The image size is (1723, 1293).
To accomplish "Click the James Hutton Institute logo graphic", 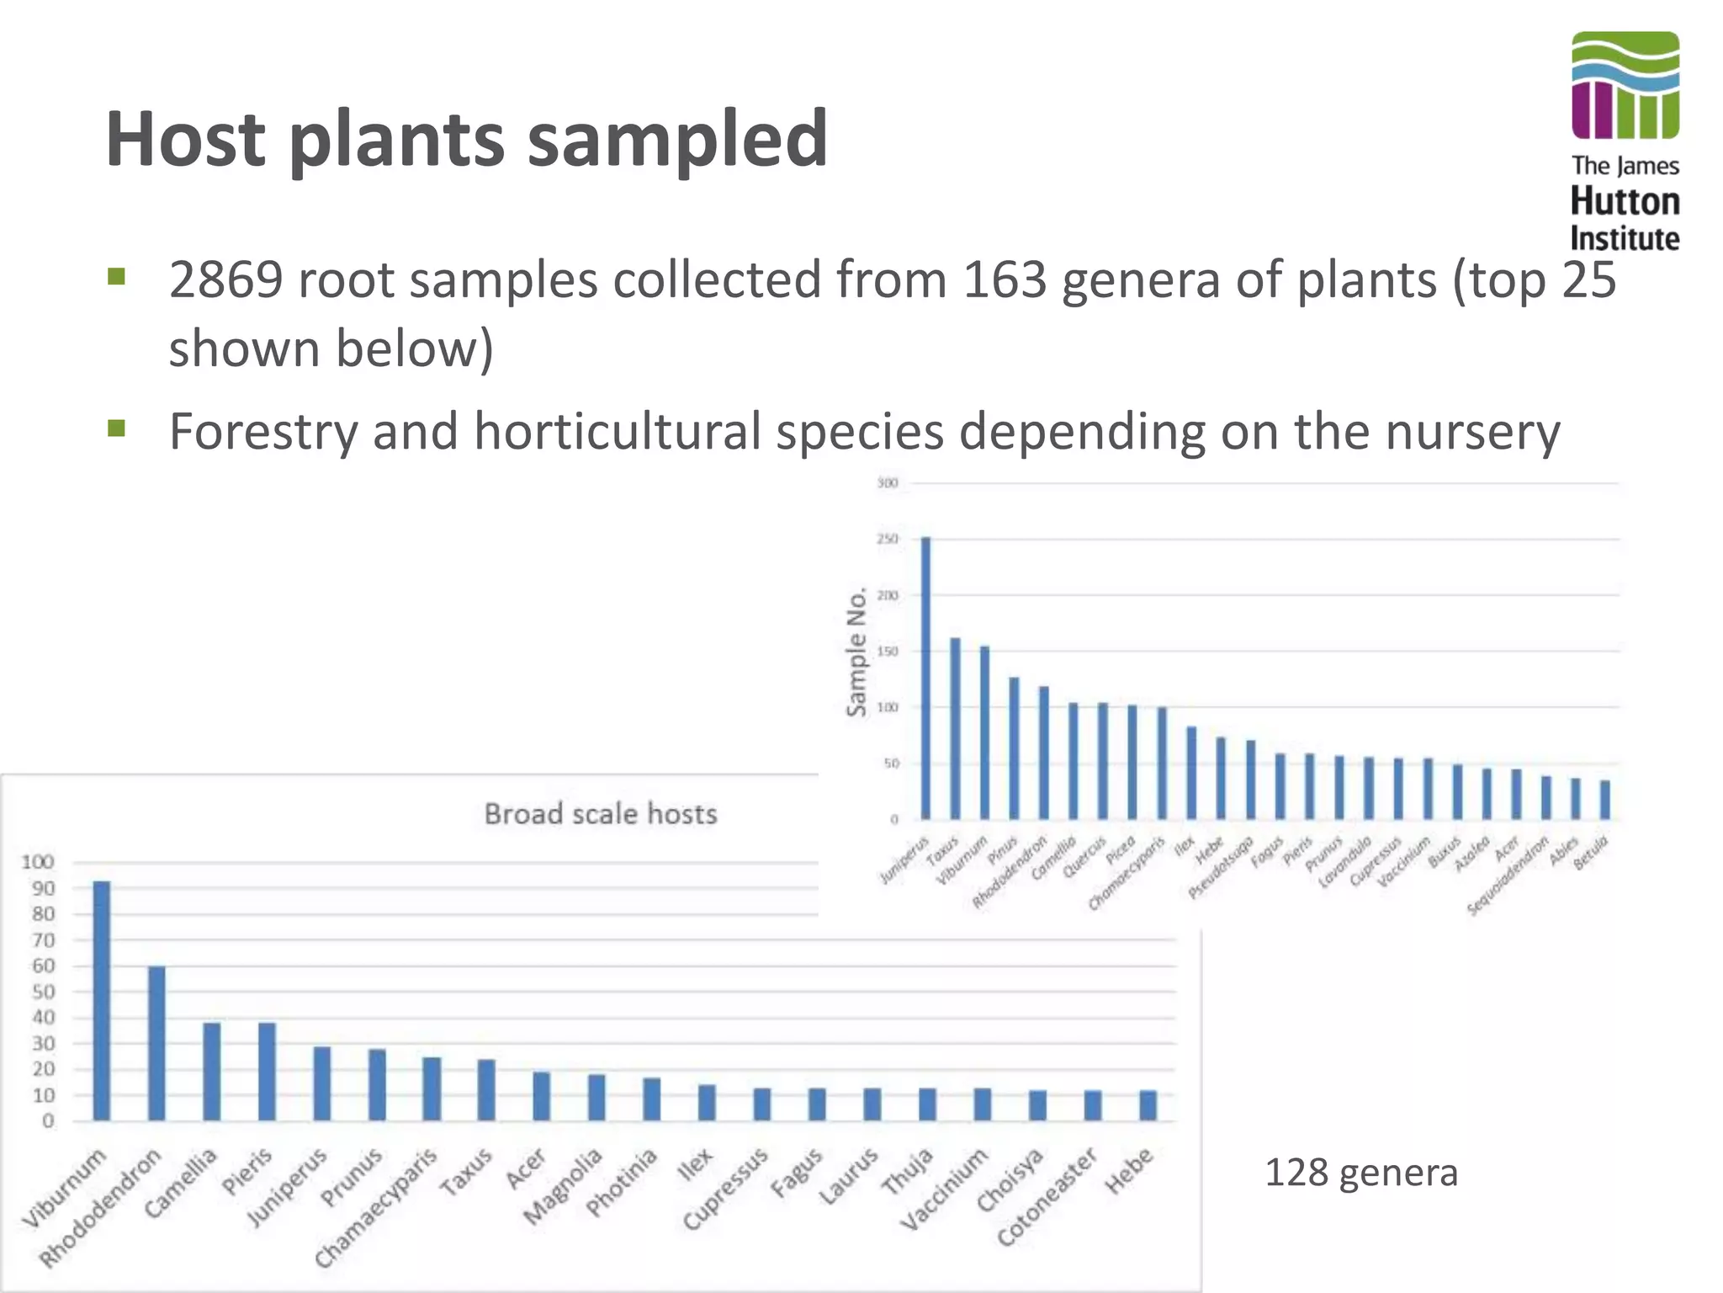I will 1625,85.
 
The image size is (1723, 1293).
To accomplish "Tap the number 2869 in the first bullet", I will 225,279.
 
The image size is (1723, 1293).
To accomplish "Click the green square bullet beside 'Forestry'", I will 117,429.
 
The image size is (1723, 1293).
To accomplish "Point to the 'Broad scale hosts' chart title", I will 601,814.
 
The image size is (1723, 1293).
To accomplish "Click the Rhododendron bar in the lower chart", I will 157,1043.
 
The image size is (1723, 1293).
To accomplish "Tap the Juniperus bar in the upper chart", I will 926,678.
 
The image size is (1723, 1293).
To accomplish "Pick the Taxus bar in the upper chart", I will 956,728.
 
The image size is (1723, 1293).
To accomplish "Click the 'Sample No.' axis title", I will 856,652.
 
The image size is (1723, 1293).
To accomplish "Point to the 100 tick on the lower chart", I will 38,862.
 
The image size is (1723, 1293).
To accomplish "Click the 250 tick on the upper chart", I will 888,539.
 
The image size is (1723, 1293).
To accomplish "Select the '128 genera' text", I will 1360,1173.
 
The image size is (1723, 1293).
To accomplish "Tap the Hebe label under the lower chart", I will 1129,1171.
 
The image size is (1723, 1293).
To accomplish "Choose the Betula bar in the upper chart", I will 1605,800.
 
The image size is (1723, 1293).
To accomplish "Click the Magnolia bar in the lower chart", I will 596,1097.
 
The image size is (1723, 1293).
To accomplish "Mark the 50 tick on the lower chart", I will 43,992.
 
